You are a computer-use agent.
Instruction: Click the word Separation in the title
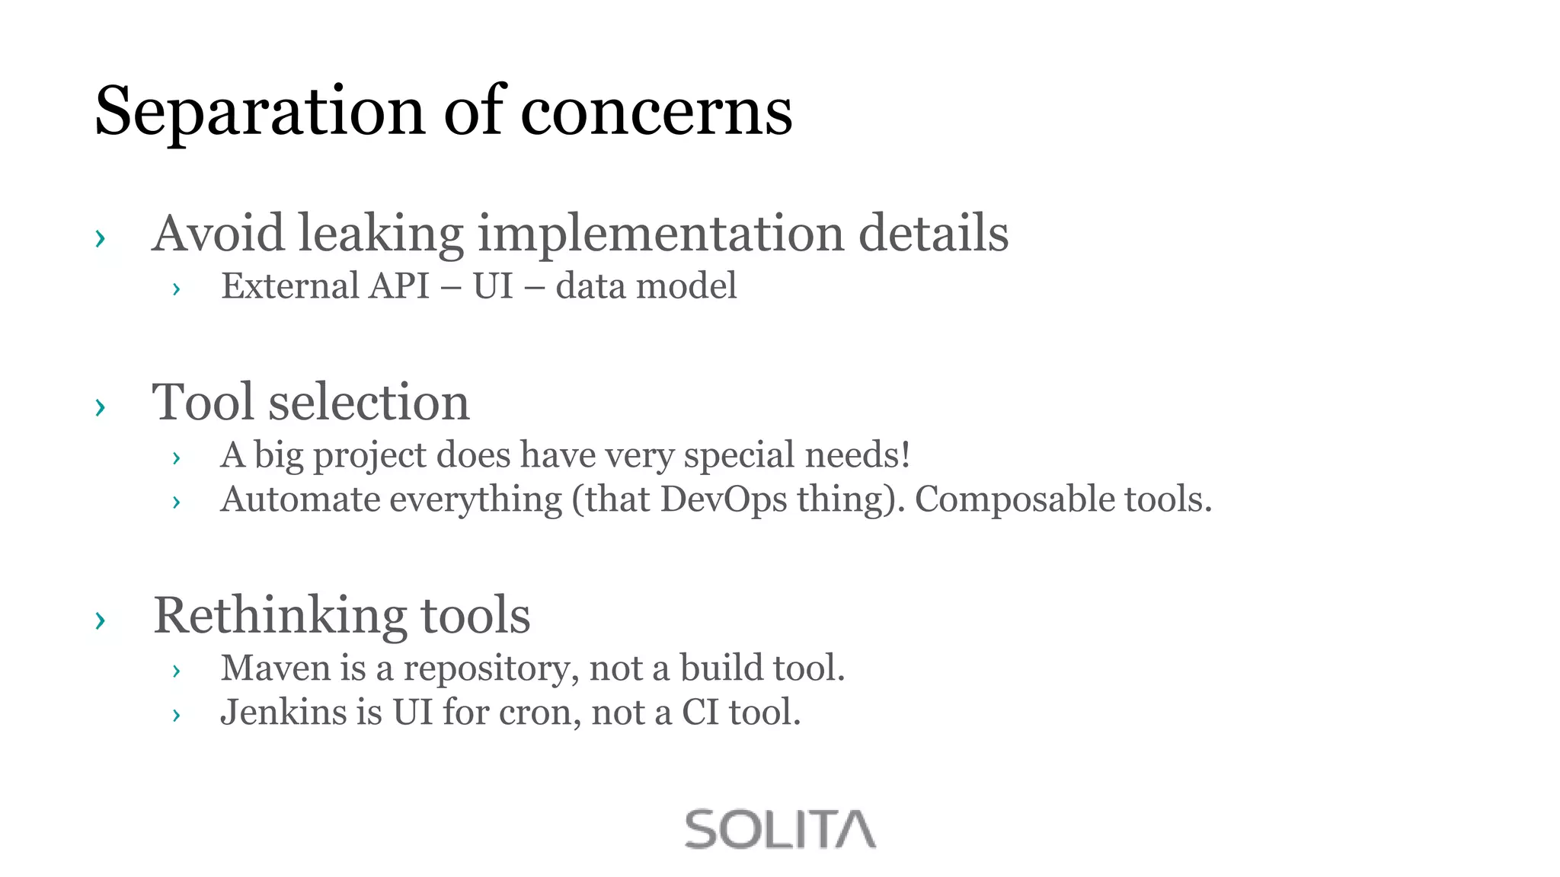[259, 112]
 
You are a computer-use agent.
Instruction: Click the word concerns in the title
[656, 112]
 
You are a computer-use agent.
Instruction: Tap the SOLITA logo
[780, 829]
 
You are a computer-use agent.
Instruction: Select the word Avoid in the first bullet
[219, 233]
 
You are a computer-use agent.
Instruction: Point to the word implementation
[660, 233]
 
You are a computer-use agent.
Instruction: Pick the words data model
[646, 286]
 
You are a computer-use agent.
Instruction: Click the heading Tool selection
[311, 402]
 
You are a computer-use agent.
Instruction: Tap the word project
[369, 455]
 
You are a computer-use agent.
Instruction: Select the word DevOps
[723, 499]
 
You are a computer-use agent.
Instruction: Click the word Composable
[1014, 499]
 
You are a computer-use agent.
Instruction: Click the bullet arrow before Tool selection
[100, 407]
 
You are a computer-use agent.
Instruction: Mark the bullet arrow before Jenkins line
[176, 716]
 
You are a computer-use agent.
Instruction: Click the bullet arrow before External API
[176, 289]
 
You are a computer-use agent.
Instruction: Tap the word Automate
[300, 499]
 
